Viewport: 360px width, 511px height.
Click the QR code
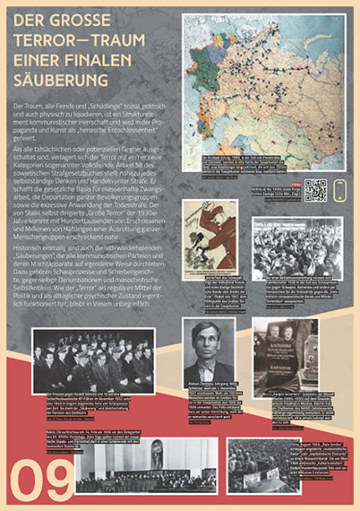point(315,190)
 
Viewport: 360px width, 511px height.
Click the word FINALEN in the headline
point(101,58)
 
